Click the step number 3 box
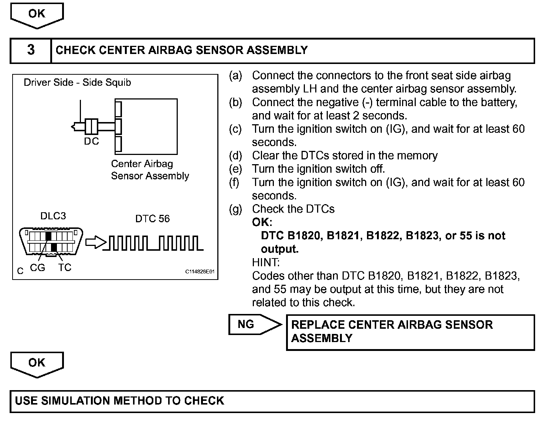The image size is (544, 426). (31, 50)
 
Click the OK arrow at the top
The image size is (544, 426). (37, 15)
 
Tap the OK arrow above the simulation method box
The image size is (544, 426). (37, 364)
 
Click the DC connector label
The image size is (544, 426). (92, 142)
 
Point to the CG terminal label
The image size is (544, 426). (37, 267)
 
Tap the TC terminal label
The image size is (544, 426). (65, 267)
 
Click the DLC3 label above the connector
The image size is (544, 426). (53, 216)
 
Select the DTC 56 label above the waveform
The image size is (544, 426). (153, 219)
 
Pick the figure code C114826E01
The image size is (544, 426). (200, 272)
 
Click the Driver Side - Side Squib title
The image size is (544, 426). (77, 82)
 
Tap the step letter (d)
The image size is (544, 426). (235, 156)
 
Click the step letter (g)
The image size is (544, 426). (235, 209)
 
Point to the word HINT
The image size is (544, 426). (266, 263)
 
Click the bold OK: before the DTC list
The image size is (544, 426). (262, 222)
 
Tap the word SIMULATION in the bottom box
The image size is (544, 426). (76, 401)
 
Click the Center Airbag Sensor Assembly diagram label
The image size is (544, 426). (150, 170)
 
